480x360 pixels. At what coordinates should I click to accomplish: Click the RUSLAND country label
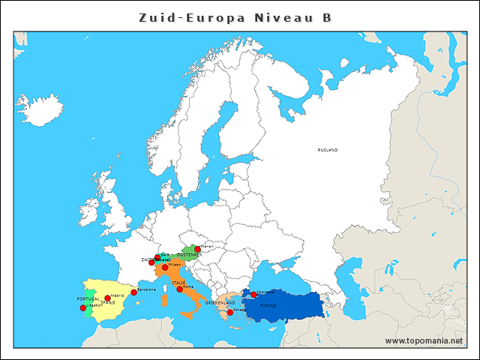[328, 150]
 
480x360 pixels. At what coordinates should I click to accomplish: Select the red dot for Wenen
[197, 249]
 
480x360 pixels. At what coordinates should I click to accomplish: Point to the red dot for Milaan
[165, 267]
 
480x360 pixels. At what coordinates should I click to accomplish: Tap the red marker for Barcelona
[134, 292]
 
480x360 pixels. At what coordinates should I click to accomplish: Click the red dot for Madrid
[107, 298]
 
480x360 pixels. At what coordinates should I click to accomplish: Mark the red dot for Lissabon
[83, 307]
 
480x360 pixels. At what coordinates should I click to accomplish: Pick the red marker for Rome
[180, 289]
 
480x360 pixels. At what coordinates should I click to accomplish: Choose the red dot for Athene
[229, 312]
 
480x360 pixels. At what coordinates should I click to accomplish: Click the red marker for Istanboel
[253, 295]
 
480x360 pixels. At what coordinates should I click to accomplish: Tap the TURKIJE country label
[268, 306]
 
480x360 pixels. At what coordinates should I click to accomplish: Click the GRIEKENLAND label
[220, 303]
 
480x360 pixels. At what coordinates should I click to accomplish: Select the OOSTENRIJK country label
[188, 255]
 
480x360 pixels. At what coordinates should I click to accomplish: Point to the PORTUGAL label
[88, 298]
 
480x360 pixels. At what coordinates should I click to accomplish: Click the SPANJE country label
[108, 303]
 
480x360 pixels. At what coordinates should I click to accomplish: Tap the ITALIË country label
[178, 283]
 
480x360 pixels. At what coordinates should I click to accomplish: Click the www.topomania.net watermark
[424, 340]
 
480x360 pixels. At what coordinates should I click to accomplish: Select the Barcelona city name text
[146, 289]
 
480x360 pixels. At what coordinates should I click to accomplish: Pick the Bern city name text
[165, 255]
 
